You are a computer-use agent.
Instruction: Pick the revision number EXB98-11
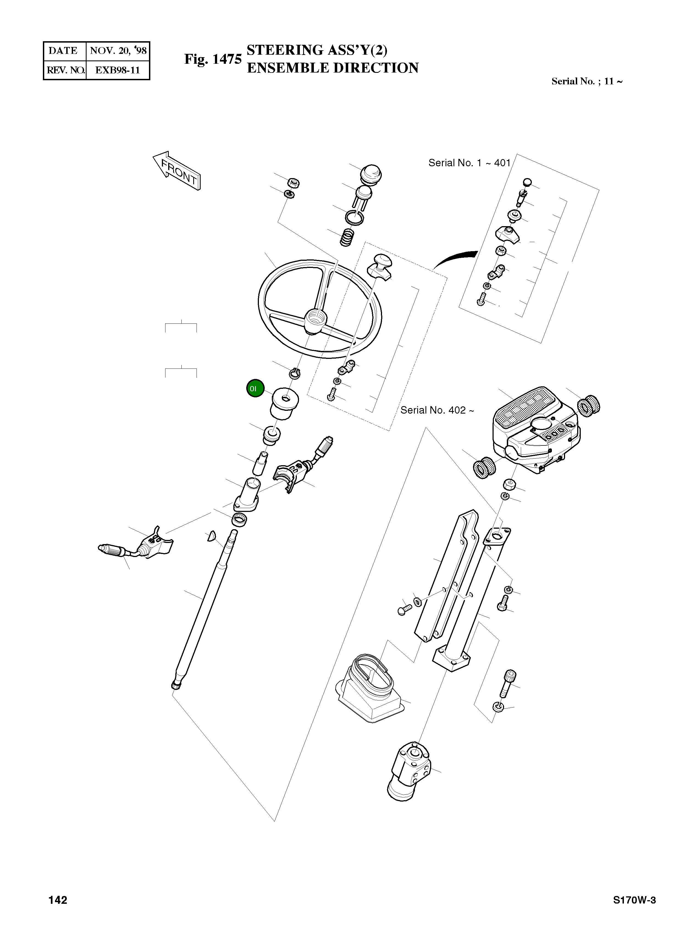tap(117, 70)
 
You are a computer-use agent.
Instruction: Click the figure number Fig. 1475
tap(213, 59)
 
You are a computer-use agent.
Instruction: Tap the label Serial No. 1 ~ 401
tap(469, 163)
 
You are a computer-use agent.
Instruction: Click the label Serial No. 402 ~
tap(437, 410)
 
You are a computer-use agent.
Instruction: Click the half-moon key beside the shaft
tap(211, 536)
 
